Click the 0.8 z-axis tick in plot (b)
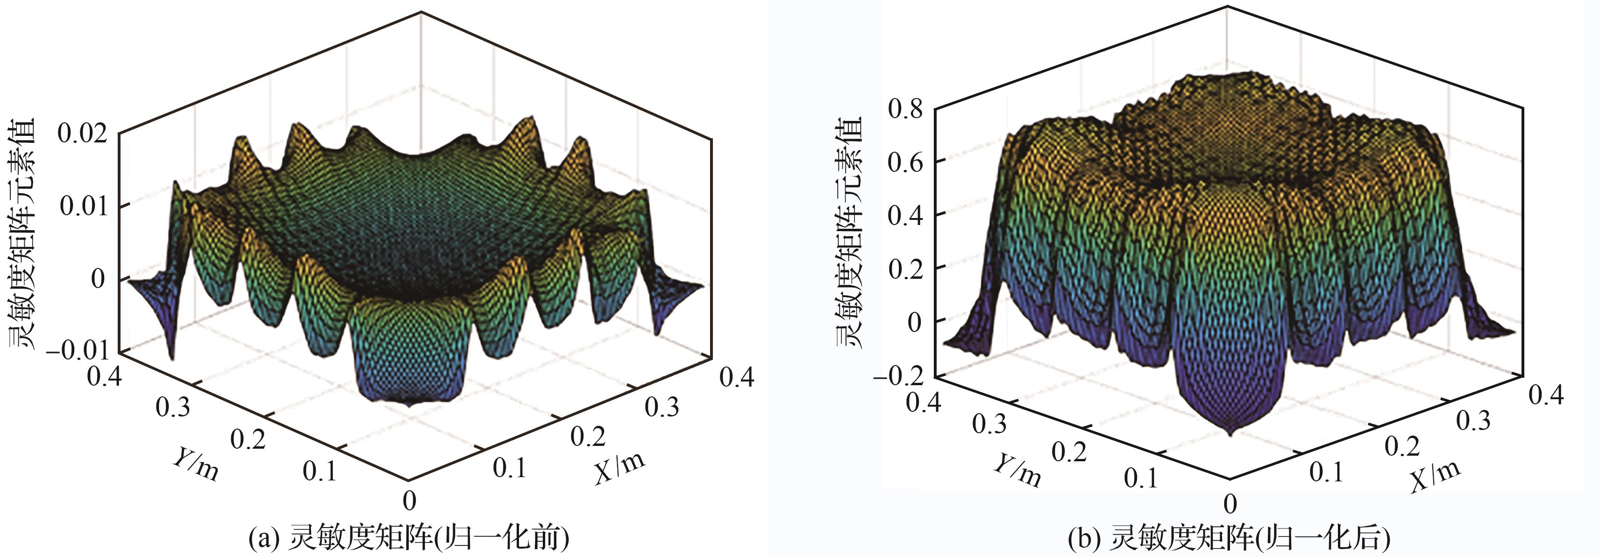coord(904,109)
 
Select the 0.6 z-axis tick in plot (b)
coord(904,162)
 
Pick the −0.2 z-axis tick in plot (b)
coord(897,376)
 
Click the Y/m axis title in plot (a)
coord(195,464)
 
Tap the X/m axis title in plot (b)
coord(1435,475)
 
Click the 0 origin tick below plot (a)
coord(409,500)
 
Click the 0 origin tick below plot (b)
coord(1230,502)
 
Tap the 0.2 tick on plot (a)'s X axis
coord(588,437)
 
